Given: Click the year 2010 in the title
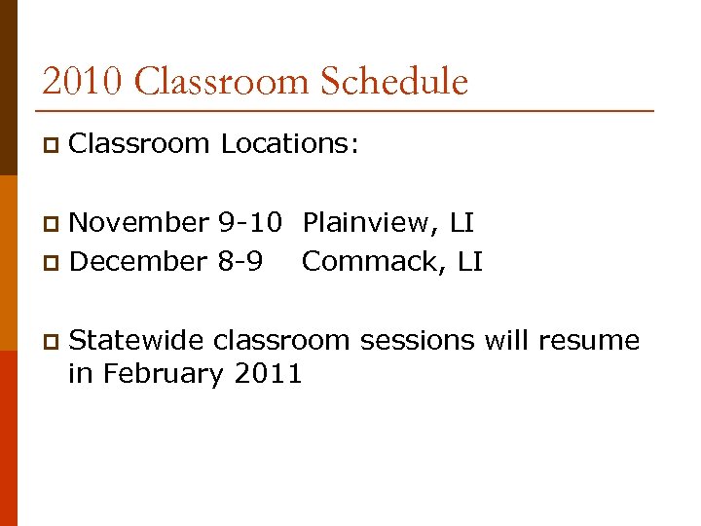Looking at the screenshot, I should pos(83,81).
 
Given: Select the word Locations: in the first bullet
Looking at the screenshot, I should pos(290,144).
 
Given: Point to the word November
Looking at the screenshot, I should pos(139,223).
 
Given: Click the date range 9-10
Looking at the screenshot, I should pos(250,223).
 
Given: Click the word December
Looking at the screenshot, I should pos(138,261).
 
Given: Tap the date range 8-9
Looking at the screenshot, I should pos(240,261).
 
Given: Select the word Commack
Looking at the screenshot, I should pos(371,261).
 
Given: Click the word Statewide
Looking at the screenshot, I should pos(137,340).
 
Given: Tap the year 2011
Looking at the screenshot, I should pos(269,373).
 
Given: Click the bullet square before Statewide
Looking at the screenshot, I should pos(50,342).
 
